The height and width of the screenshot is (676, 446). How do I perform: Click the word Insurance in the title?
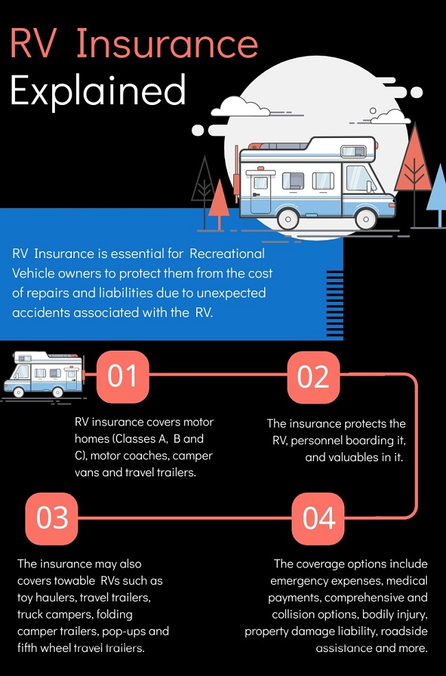pyautogui.click(x=167, y=43)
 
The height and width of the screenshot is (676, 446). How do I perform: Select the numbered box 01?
pyautogui.click(x=123, y=377)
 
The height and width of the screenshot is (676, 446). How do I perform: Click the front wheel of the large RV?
pyautogui.click(x=366, y=218)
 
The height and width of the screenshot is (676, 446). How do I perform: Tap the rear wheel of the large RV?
pyautogui.click(x=288, y=218)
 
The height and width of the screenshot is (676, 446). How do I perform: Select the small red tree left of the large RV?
pyautogui.click(x=219, y=204)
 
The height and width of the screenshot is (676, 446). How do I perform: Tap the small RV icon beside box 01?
pyautogui.click(x=43, y=374)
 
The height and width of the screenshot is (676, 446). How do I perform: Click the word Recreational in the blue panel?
pyautogui.click(x=227, y=253)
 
